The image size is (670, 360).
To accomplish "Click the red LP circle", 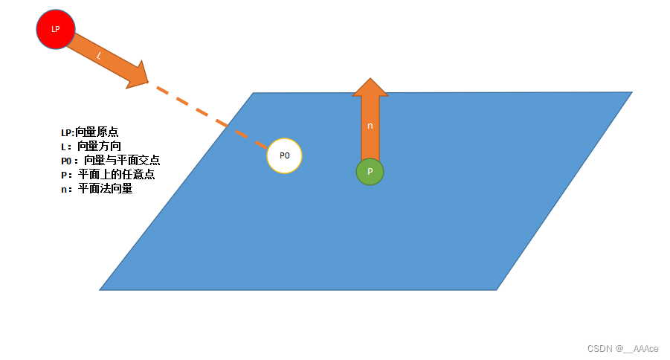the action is point(56,29).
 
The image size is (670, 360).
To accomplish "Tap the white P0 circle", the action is point(284,155).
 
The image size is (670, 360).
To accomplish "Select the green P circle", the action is point(370,172).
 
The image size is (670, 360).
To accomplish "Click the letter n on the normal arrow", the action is point(370,126).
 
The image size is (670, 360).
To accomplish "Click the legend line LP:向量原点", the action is point(89,132).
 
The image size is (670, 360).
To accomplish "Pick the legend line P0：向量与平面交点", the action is point(111,161).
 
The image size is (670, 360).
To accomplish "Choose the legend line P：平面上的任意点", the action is point(108,175).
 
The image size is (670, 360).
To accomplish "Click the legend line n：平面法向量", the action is point(97,189).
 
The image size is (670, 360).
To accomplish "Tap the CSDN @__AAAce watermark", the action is point(622,349).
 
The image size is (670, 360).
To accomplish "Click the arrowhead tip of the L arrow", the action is point(147,81).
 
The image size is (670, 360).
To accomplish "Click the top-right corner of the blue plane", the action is point(631,93).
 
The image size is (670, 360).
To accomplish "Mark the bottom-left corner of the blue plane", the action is point(101,289).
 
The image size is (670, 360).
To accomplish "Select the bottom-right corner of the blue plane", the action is point(495,289).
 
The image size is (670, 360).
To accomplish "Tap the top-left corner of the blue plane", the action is point(254,94).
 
